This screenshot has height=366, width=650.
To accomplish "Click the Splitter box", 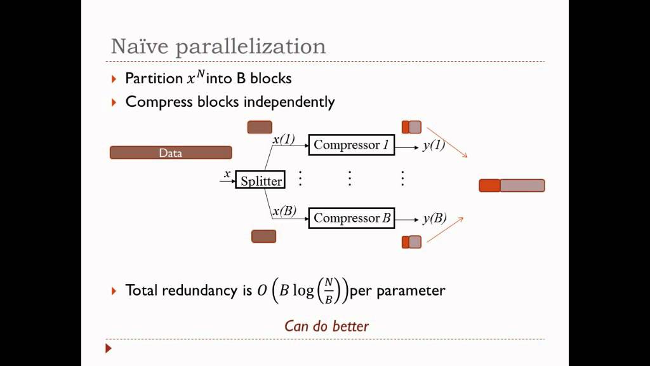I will pyautogui.click(x=261, y=180).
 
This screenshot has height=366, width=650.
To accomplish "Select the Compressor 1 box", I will pyautogui.click(x=351, y=144).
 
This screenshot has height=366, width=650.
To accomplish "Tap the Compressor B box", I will pyautogui.click(x=351, y=218).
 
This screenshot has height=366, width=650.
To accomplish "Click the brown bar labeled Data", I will pyautogui.click(x=171, y=152).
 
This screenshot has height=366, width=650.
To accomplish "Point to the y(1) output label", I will pyautogui.click(x=434, y=145).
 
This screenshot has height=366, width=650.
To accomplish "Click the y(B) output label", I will pyautogui.click(x=434, y=218).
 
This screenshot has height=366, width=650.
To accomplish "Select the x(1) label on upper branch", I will pyautogui.click(x=284, y=139).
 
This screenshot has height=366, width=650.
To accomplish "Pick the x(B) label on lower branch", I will pyautogui.click(x=284, y=210).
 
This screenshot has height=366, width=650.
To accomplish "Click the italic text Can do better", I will pyautogui.click(x=326, y=326).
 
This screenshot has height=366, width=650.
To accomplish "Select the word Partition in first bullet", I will pyautogui.click(x=154, y=78).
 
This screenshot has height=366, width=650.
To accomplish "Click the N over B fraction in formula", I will pyautogui.click(x=329, y=290).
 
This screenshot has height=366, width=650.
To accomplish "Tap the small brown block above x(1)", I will pyautogui.click(x=260, y=127).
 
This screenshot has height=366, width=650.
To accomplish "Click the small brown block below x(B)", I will pyautogui.click(x=263, y=236).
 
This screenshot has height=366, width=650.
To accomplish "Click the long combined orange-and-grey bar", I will pyautogui.click(x=512, y=186).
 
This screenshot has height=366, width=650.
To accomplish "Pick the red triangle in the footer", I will pyautogui.click(x=109, y=348).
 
